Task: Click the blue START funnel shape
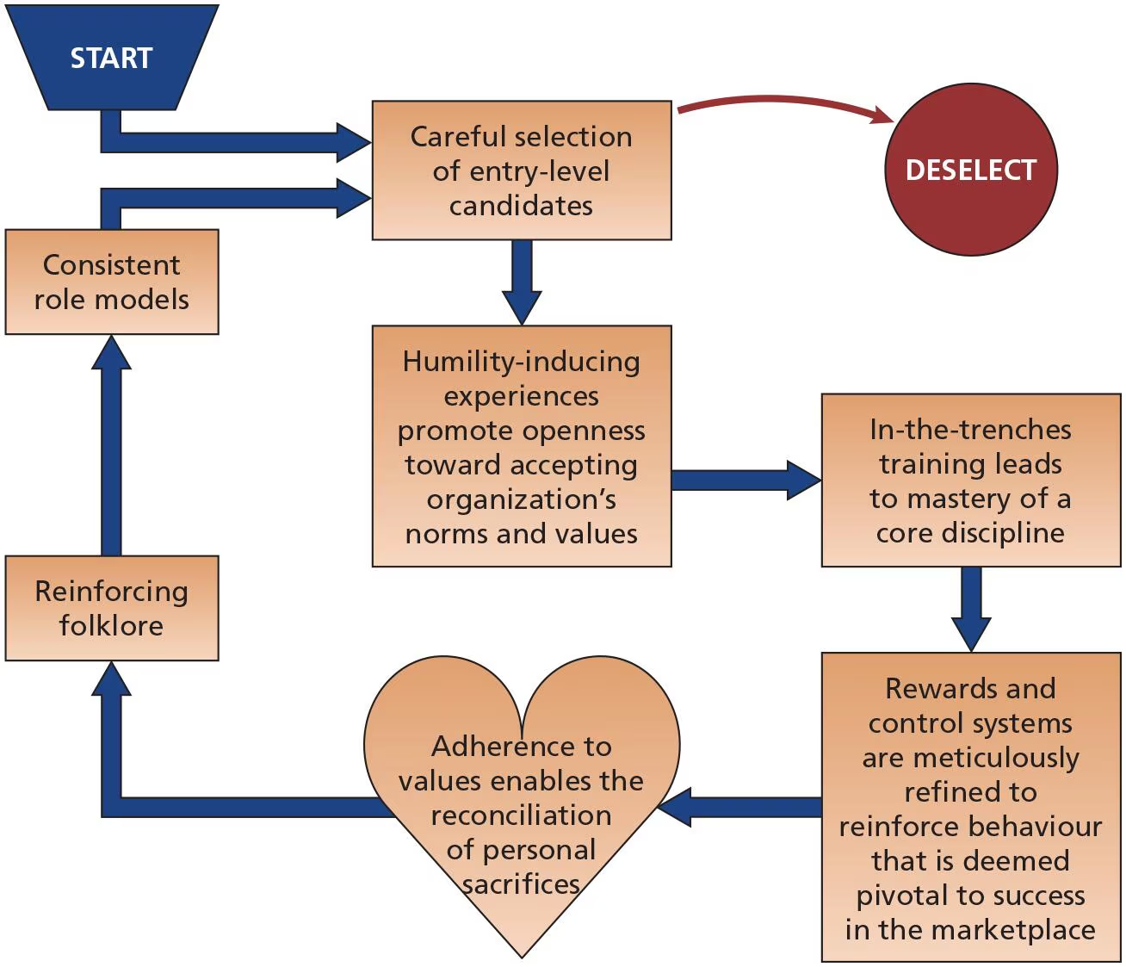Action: (x=111, y=58)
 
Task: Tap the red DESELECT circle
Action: (x=970, y=170)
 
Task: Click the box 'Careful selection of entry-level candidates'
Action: (x=521, y=170)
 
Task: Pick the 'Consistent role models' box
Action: (x=112, y=282)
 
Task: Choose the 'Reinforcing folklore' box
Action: (x=112, y=608)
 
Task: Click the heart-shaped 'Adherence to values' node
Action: (x=521, y=801)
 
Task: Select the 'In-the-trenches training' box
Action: (x=970, y=480)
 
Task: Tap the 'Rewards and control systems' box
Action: (x=970, y=807)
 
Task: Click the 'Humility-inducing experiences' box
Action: (x=521, y=446)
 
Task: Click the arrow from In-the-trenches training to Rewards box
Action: (x=971, y=607)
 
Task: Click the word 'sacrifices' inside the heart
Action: (x=521, y=884)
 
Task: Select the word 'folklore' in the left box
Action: (x=111, y=625)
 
